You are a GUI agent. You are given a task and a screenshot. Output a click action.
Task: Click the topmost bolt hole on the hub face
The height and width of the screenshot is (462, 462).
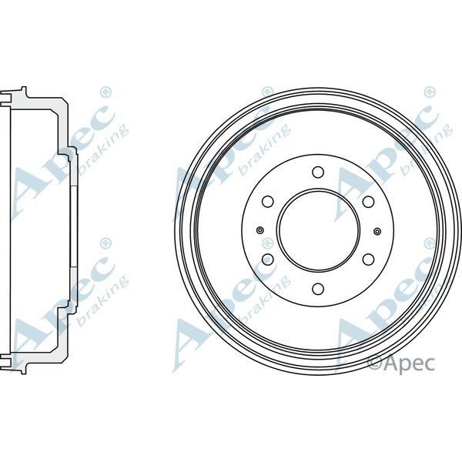point(318,172)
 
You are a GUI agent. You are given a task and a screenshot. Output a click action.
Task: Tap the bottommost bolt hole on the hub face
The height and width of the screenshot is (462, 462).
point(318,289)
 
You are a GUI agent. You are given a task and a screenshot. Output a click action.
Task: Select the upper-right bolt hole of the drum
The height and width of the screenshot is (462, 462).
point(368,202)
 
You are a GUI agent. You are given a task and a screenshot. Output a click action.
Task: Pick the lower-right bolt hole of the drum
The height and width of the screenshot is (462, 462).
point(368,259)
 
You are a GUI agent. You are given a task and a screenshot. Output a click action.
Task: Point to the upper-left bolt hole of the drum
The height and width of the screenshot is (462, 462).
point(268,202)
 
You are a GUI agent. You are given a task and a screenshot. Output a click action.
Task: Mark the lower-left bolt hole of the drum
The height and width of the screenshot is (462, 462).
point(268,259)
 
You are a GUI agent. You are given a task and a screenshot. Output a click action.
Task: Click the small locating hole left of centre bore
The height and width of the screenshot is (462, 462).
point(259,231)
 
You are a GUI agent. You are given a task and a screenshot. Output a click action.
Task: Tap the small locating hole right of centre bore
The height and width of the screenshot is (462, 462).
point(377,231)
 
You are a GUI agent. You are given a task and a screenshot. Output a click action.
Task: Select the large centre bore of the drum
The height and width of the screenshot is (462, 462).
point(318,231)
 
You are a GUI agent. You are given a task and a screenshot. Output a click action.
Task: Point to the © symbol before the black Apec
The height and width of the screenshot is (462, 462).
point(374,361)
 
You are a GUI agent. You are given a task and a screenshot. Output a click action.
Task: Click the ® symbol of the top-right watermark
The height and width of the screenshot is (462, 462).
point(427,93)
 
